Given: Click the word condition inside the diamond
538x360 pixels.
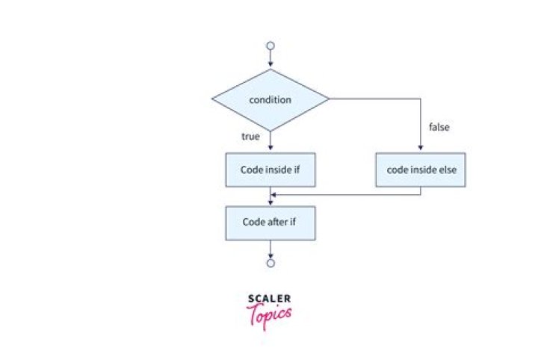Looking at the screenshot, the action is coord(270,100).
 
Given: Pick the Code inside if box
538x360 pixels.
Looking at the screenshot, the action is coord(270,170).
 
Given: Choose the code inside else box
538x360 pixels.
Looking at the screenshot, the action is coord(421,170).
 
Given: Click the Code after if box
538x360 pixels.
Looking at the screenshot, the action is coord(270,223).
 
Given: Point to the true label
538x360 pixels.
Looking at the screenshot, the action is coord(250,137).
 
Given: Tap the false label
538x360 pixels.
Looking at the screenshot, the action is coord(439,127).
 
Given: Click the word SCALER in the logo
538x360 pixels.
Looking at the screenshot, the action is coord(269,299).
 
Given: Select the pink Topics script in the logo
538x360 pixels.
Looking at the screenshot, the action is coord(269,316).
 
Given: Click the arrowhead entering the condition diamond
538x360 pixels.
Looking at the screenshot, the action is coord(270,64).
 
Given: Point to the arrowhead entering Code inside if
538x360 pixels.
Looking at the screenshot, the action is coord(270,147).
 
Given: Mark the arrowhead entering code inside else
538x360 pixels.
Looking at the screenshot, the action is coord(421,147).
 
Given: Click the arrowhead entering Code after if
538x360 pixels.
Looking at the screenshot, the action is coord(270,203).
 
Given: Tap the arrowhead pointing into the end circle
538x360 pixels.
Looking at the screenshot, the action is coord(270,256).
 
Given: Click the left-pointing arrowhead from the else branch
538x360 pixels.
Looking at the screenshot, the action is coord(273,195).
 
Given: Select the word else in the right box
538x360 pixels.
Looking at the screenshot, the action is coord(448,170).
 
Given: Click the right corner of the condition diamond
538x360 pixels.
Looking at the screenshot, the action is coord(329,99).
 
